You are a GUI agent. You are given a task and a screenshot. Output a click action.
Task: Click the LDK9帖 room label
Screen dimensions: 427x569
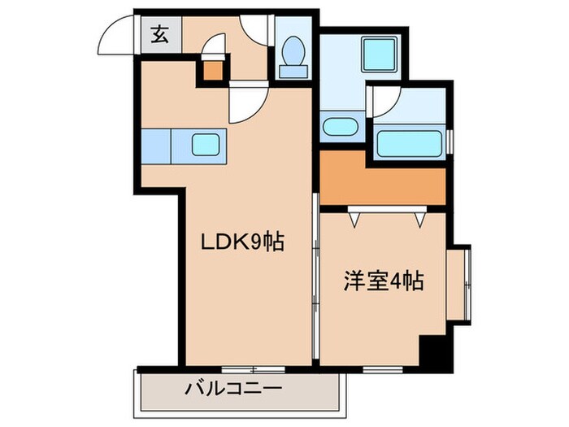click(x=243, y=242)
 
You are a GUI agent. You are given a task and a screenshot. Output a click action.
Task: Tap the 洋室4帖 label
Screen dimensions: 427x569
click(x=381, y=282)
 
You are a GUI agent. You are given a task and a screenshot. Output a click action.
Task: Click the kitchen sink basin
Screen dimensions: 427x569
click(x=210, y=146)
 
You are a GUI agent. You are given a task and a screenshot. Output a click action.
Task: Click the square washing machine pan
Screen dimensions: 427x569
click(x=378, y=55)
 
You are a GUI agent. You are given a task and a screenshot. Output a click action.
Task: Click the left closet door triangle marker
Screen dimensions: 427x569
click(x=354, y=218)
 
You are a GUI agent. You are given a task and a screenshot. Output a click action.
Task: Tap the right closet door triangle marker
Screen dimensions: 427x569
click(x=420, y=219)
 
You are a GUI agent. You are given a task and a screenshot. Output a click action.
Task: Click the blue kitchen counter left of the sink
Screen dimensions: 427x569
click(x=156, y=146)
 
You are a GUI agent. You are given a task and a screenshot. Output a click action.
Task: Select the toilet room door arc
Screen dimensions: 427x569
click(x=256, y=28)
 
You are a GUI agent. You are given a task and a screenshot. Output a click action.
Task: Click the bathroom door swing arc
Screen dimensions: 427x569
click(x=384, y=99)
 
